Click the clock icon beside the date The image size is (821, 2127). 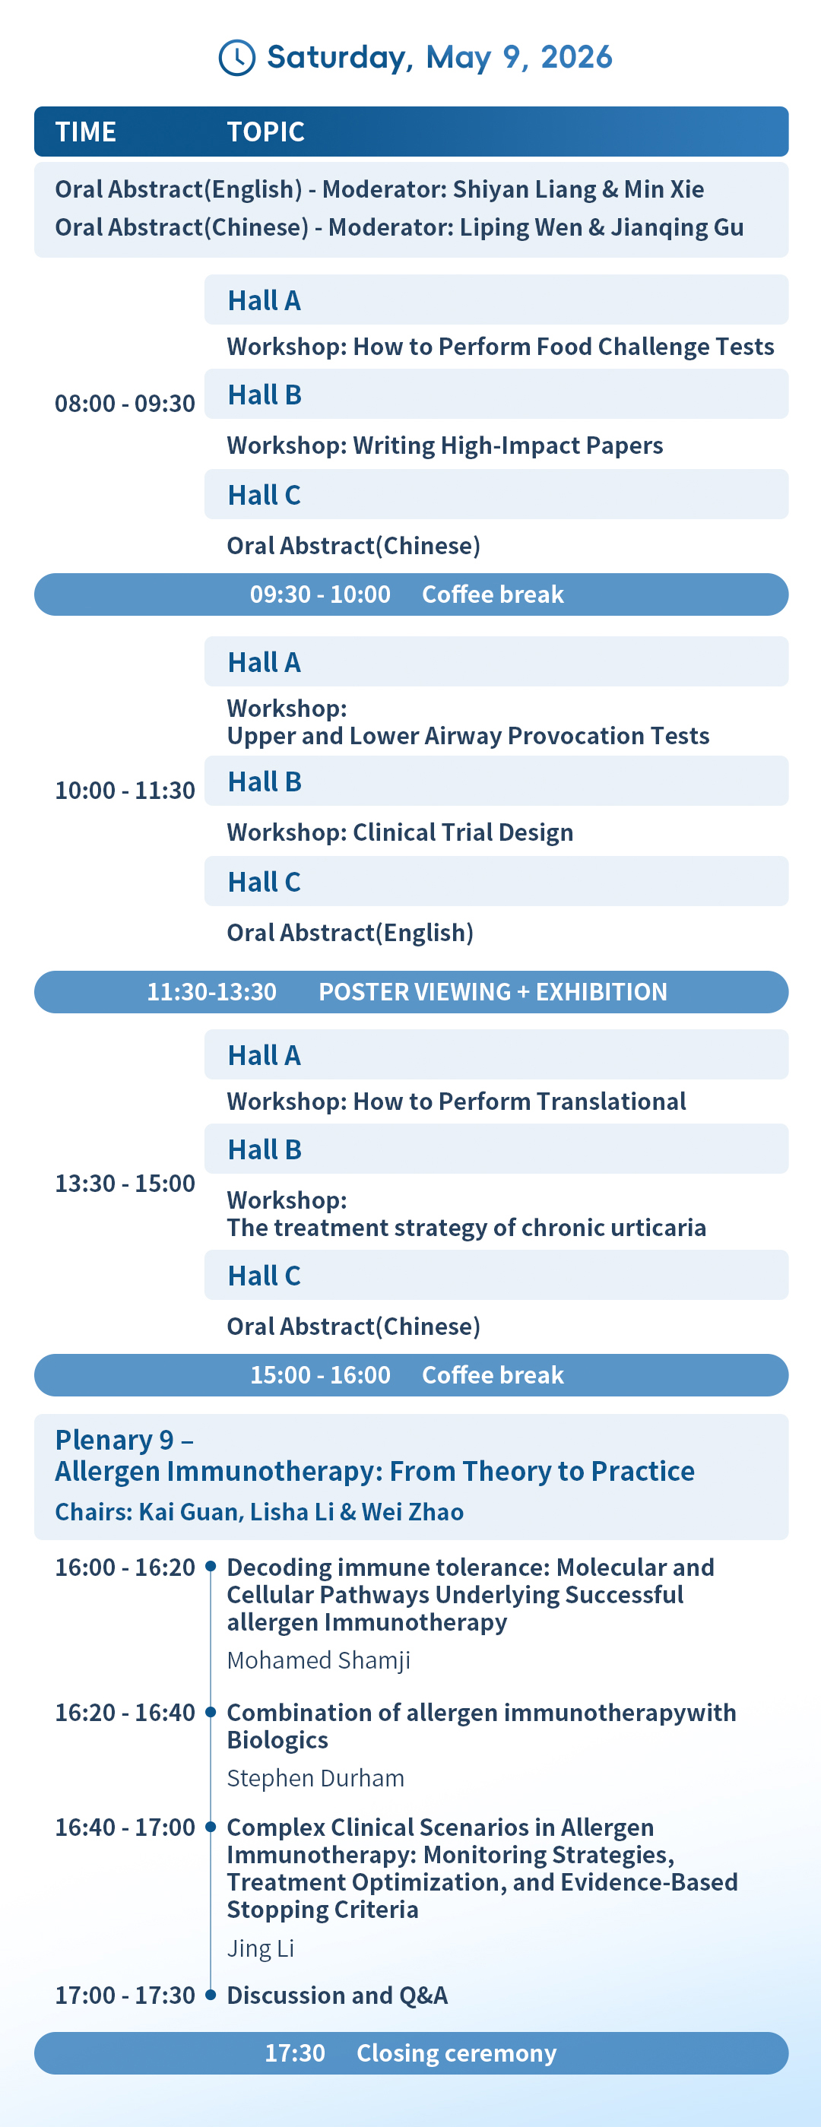pyautogui.click(x=236, y=58)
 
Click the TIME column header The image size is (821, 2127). pyautogui.click(x=85, y=132)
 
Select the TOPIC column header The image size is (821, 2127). pyautogui.click(x=266, y=132)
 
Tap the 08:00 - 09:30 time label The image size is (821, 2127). pyautogui.click(x=125, y=404)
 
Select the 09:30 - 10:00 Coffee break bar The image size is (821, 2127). pyautogui.click(x=411, y=594)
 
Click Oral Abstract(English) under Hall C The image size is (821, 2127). pyautogui.click(x=350, y=933)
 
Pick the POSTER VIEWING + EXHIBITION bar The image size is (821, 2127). pyautogui.click(x=411, y=992)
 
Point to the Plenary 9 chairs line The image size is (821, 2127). pyautogui.click(x=259, y=1512)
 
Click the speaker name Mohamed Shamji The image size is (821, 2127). pyautogui.click(x=319, y=1660)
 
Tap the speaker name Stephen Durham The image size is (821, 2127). pyautogui.click(x=315, y=1779)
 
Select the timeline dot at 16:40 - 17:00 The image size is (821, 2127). pyautogui.click(x=211, y=1827)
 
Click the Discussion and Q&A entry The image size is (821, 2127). pyautogui.click(x=337, y=1995)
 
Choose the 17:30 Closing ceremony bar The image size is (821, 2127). pyautogui.click(x=411, y=2053)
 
